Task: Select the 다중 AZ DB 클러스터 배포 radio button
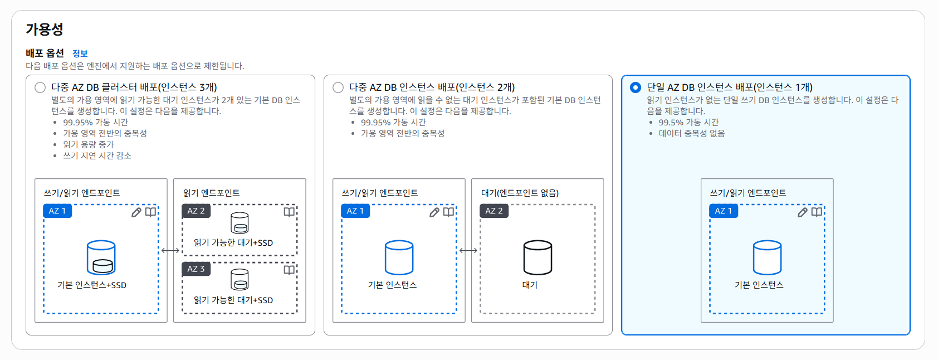click(x=40, y=87)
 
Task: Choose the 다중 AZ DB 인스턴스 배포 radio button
click(x=338, y=87)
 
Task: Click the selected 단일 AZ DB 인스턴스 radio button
click(x=636, y=87)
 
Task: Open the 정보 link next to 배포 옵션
click(x=80, y=53)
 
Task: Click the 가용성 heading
click(x=45, y=29)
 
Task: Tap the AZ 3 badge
click(x=196, y=269)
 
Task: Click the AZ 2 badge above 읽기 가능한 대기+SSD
click(x=196, y=211)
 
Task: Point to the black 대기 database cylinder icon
click(x=538, y=257)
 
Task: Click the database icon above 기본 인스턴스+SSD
click(x=101, y=257)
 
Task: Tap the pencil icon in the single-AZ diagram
click(x=803, y=212)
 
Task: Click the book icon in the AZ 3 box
click(x=289, y=270)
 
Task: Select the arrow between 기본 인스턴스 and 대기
click(x=468, y=250)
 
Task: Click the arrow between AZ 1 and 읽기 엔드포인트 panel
click(x=170, y=250)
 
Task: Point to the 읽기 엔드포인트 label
click(x=212, y=193)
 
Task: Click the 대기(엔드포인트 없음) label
click(x=520, y=193)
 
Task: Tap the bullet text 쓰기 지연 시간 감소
click(x=97, y=155)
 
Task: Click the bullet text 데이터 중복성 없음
click(x=691, y=133)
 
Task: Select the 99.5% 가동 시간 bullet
click(x=688, y=122)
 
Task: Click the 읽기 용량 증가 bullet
click(x=88, y=144)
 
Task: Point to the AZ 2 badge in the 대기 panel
click(x=494, y=211)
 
